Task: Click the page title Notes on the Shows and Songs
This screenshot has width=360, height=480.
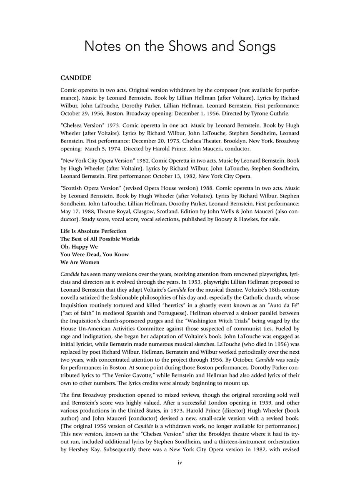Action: (180, 46)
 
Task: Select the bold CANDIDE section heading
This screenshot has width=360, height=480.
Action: (76, 78)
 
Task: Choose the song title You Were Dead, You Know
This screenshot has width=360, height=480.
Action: (95, 254)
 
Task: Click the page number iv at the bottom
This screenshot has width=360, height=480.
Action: (180, 462)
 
